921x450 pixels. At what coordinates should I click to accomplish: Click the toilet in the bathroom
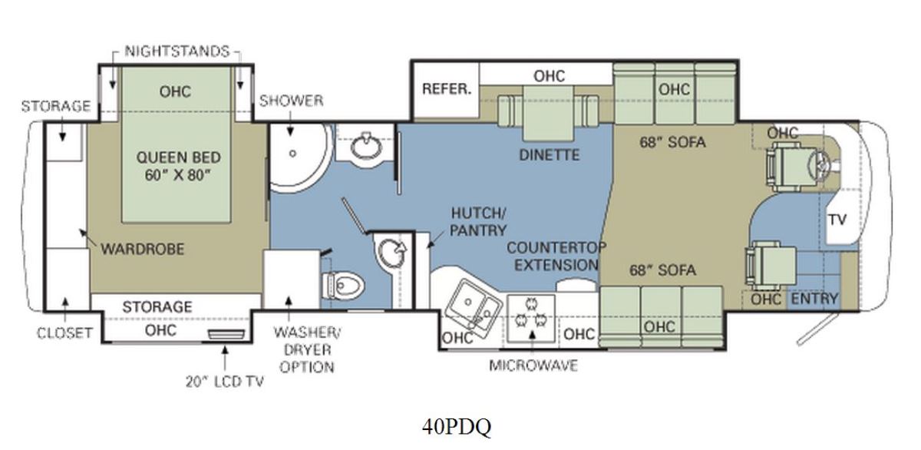343,285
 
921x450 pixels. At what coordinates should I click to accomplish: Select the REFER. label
447,89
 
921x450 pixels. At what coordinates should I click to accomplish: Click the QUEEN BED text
178,157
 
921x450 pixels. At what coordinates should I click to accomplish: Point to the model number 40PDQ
457,426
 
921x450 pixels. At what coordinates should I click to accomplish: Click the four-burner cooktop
531,318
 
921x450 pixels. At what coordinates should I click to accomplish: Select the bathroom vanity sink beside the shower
366,146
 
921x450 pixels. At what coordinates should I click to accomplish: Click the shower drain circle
292,154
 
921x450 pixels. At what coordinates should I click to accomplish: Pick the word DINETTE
550,155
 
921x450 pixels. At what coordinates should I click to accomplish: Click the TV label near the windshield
837,220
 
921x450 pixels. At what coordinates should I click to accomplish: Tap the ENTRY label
814,299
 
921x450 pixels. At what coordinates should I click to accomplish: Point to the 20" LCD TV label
224,382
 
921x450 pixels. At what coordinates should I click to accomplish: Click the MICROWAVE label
533,366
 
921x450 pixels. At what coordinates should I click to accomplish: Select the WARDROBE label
143,249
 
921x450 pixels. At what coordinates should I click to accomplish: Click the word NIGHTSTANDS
177,51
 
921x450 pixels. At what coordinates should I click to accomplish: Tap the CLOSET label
64,333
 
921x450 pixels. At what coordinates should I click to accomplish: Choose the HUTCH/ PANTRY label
478,222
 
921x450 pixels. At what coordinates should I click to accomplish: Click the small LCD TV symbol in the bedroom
226,334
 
